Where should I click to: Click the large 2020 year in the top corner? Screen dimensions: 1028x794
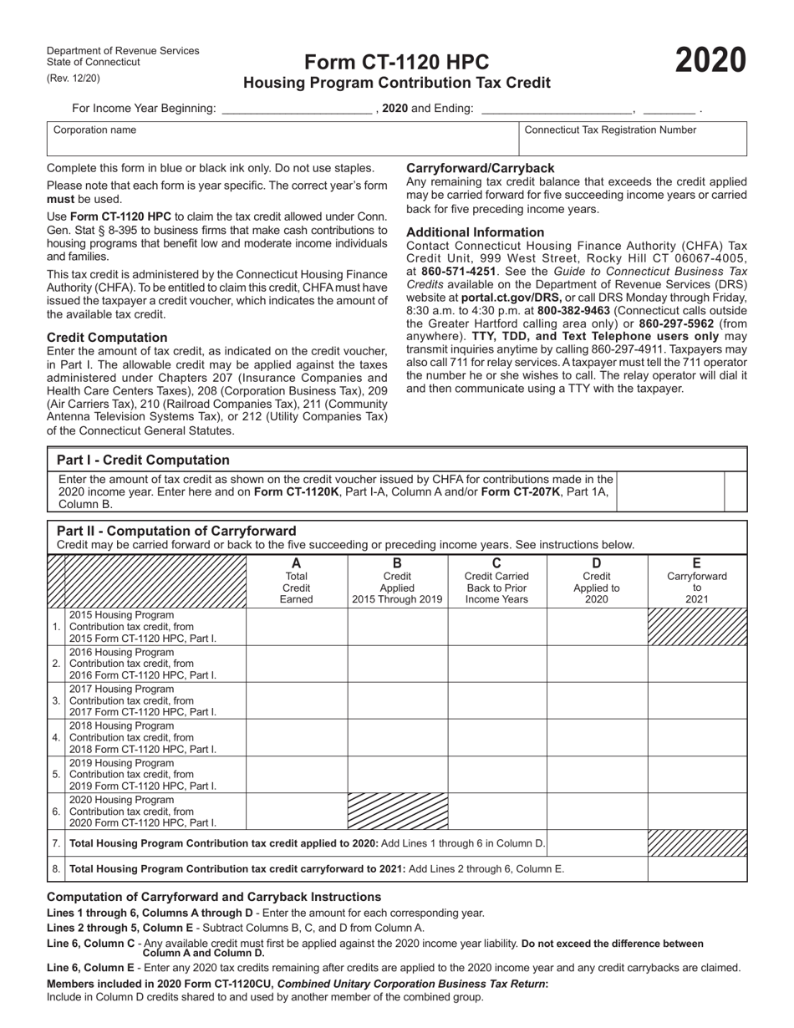coord(710,61)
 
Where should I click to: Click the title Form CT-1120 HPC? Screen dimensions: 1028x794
coord(396,63)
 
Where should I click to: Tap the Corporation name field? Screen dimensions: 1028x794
coord(282,139)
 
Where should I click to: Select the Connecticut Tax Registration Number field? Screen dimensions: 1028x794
coord(633,139)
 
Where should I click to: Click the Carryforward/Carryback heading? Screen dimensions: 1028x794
coord(480,168)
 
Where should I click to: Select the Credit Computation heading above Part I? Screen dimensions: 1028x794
coord(107,338)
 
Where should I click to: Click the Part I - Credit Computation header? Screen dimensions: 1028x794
coord(143,460)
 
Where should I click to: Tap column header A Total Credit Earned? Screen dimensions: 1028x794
coord(297,581)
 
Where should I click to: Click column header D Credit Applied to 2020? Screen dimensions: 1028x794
coord(597,581)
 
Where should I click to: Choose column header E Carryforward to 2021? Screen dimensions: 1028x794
coord(697,581)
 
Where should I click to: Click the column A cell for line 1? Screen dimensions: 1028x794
coord(297,627)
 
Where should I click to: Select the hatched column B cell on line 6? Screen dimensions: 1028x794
coord(398,812)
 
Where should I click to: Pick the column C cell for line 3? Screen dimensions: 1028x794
coord(497,700)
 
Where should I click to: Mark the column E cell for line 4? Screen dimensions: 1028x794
coord(697,737)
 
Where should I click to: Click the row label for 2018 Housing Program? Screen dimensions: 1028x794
coord(142,738)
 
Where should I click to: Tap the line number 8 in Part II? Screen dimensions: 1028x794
coord(56,869)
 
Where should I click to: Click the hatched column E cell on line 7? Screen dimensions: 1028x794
coord(697,843)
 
